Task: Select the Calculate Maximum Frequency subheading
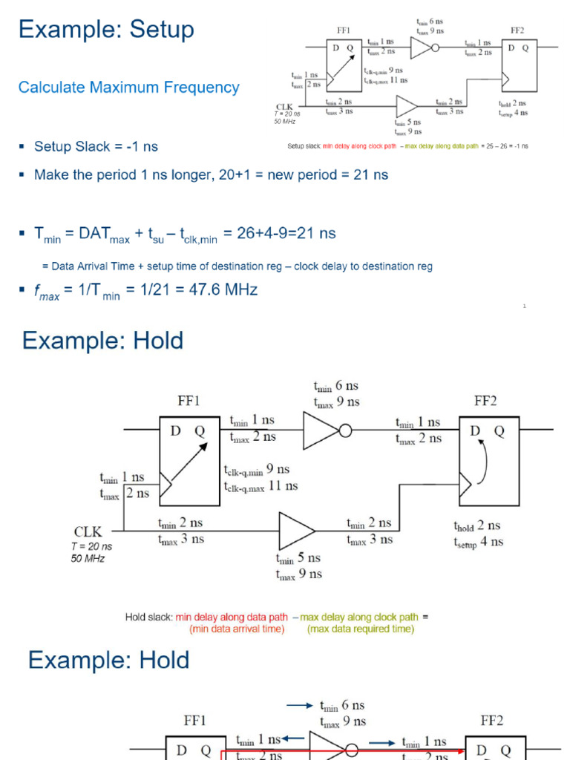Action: (128, 88)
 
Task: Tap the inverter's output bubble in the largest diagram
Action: (345, 430)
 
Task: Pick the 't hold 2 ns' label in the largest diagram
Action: (477, 526)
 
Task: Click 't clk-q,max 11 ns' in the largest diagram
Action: (261, 486)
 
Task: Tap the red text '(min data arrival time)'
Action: (237, 629)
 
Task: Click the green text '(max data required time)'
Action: (361, 629)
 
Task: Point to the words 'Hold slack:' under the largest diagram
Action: (148, 617)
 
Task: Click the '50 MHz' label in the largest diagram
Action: (88, 558)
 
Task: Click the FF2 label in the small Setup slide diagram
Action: (517, 30)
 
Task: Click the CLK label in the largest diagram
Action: (88, 531)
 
